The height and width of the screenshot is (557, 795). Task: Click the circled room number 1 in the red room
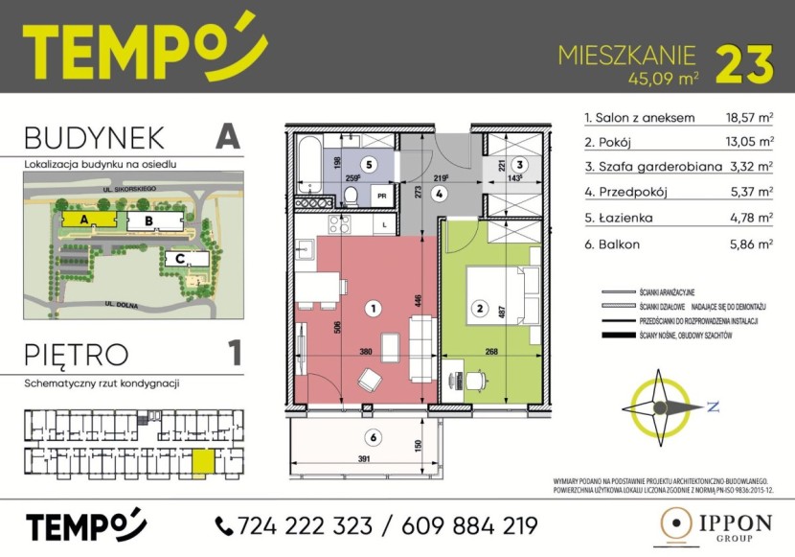(374, 309)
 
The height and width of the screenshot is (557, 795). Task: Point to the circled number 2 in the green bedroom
(477, 309)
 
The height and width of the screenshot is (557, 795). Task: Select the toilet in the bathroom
(352, 197)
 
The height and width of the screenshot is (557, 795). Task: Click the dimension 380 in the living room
(364, 352)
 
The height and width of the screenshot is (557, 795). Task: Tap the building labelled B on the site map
(148, 221)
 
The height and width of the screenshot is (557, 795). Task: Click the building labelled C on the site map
(180, 258)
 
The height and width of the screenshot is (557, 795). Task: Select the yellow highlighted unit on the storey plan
(203, 463)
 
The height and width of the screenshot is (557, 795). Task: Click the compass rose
(661, 406)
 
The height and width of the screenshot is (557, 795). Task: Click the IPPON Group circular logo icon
(678, 525)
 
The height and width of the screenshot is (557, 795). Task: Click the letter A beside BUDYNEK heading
(226, 136)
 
